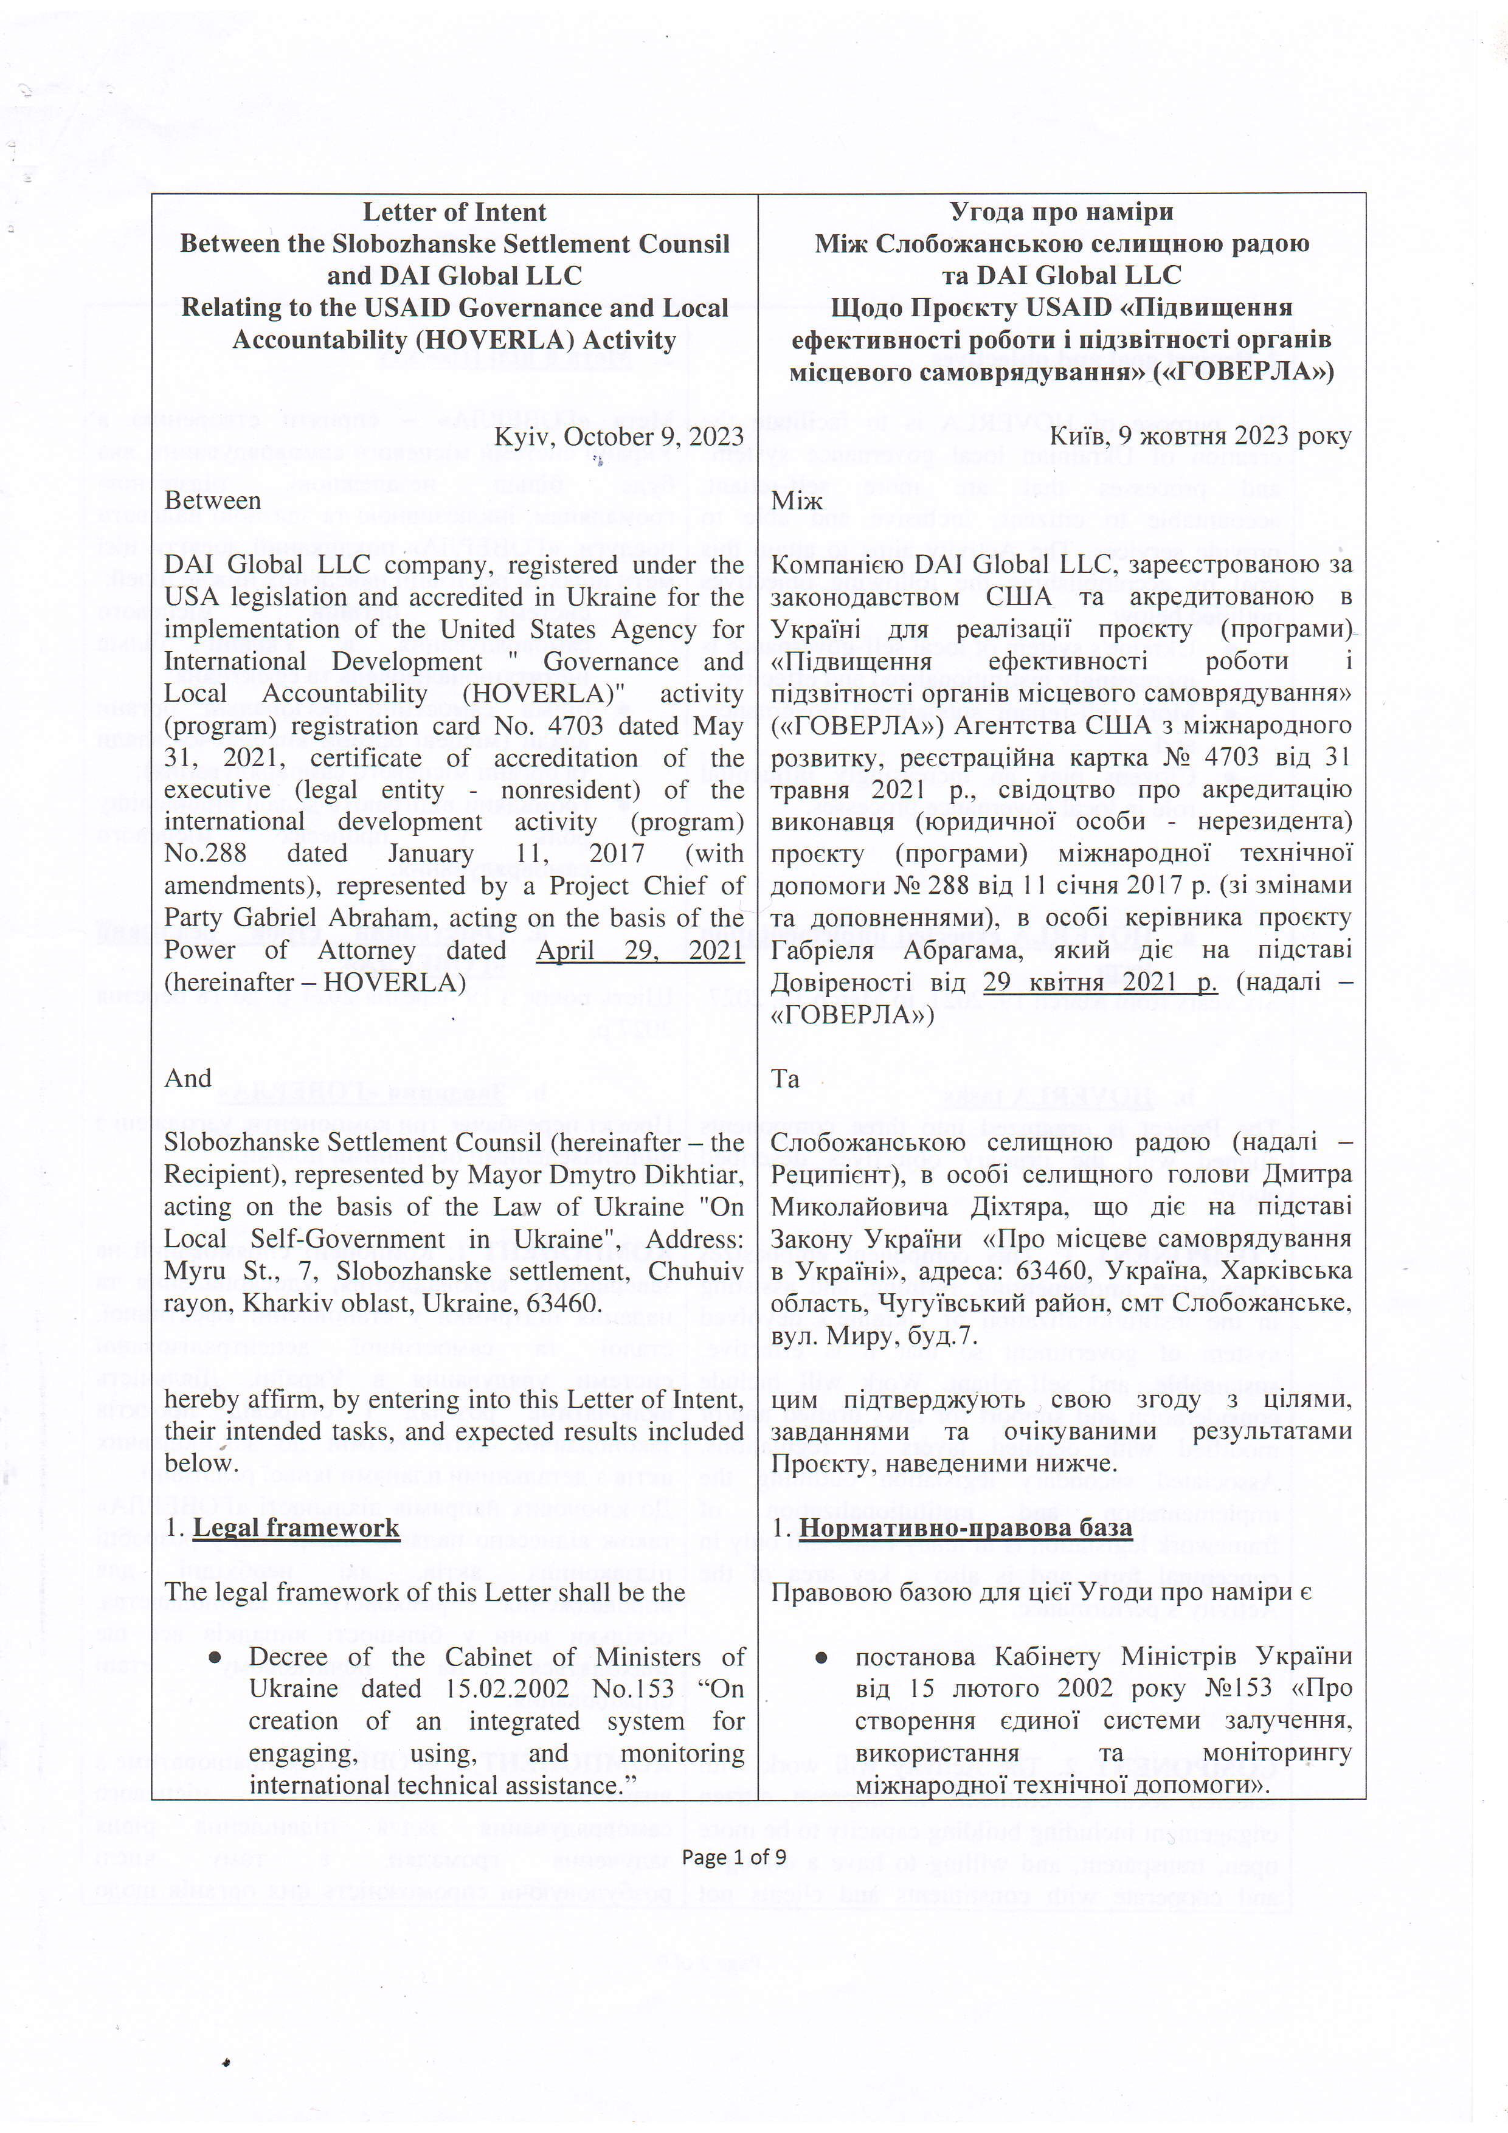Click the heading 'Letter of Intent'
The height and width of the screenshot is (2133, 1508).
tap(454, 212)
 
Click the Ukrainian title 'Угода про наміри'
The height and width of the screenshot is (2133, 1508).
tap(1061, 212)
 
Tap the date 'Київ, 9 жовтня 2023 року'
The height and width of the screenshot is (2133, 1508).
tap(1200, 436)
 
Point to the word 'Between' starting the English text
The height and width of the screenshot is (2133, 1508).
tap(213, 501)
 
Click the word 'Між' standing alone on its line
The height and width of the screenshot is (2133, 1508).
tap(797, 501)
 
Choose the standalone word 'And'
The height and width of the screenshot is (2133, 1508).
tap(188, 1079)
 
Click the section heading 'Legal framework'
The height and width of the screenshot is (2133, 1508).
tap(296, 1528)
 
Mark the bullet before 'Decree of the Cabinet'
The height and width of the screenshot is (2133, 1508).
tap(216, 1658)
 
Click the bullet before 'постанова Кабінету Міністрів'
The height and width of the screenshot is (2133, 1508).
tap(821, 1658)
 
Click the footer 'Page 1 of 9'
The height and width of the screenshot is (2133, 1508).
tap(734, 1857)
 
